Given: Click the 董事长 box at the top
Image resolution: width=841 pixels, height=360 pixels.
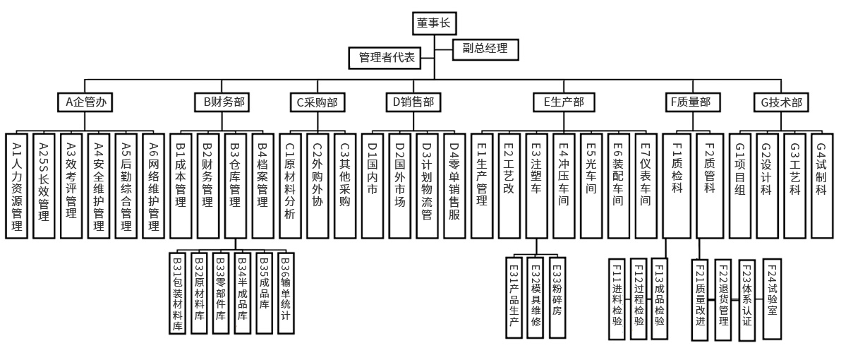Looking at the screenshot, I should coord(434,23).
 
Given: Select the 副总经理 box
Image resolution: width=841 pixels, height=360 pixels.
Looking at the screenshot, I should coord(485,49).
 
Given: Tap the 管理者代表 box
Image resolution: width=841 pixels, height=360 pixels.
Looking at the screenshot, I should coord(386,58).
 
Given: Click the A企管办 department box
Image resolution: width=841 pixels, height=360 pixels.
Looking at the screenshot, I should coord(85,102).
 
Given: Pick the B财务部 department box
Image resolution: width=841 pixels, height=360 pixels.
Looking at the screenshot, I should coord(224,102).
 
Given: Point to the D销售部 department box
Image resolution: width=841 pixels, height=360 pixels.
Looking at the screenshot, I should coord(412,102).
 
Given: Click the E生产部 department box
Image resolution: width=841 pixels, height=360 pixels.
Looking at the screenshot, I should coord(564,102).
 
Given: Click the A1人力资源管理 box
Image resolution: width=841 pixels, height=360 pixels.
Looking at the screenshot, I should coord(18,185).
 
